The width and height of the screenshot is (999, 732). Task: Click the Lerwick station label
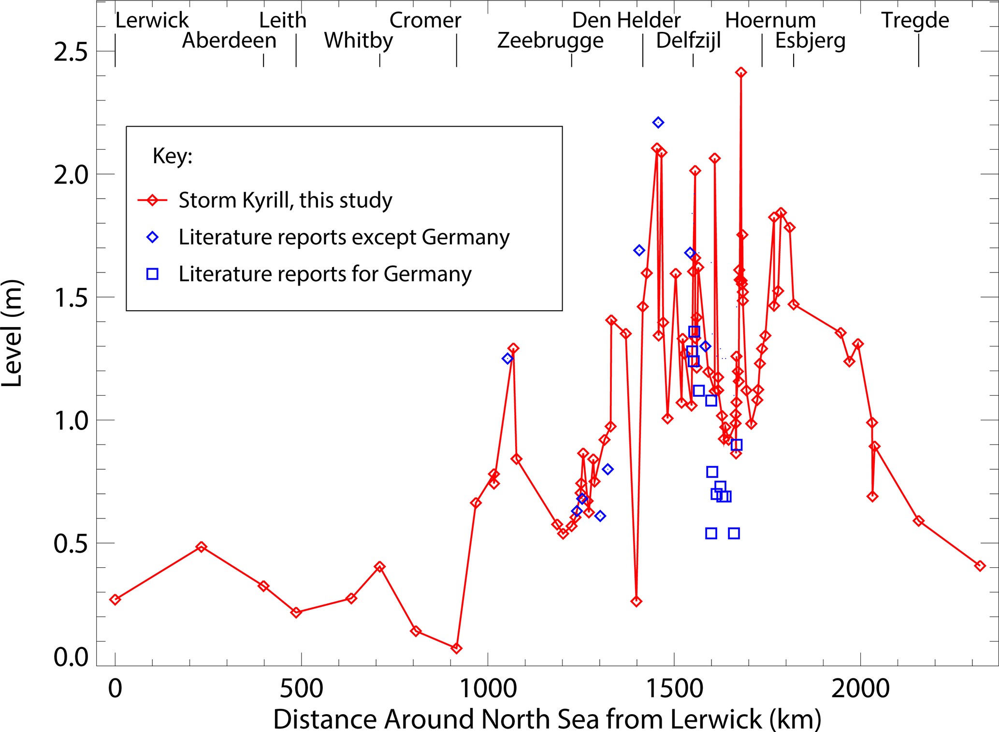[152, 20]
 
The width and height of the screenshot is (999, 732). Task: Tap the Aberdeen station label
[229, 41]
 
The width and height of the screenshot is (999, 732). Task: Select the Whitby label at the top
[358, 41]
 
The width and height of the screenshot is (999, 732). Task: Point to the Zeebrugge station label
[550, 41]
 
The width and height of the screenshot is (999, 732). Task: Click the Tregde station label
[915, 20]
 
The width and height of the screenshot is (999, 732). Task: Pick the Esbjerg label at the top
[810, 41]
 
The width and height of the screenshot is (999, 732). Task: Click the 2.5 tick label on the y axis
[71, 52]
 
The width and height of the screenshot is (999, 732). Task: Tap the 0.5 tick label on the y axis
[71, 544]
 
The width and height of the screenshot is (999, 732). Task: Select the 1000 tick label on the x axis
[488, 689]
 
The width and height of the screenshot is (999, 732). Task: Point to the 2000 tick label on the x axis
[860, 689]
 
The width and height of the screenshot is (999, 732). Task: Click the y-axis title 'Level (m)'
[12, 333]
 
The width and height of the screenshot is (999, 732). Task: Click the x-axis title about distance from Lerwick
[547, 719]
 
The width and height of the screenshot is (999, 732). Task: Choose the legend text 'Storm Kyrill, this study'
[285, 201]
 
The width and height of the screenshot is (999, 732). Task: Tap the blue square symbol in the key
[152, 274]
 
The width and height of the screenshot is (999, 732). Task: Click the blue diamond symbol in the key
[152, 237]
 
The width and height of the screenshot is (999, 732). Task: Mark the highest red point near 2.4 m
[741, 72]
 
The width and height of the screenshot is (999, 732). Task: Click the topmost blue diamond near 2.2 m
[658, 123]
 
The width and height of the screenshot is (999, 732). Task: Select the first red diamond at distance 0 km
[115, 600]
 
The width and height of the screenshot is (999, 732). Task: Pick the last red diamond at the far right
[980, 566]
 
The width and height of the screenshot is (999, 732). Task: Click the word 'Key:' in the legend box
[173, 156]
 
